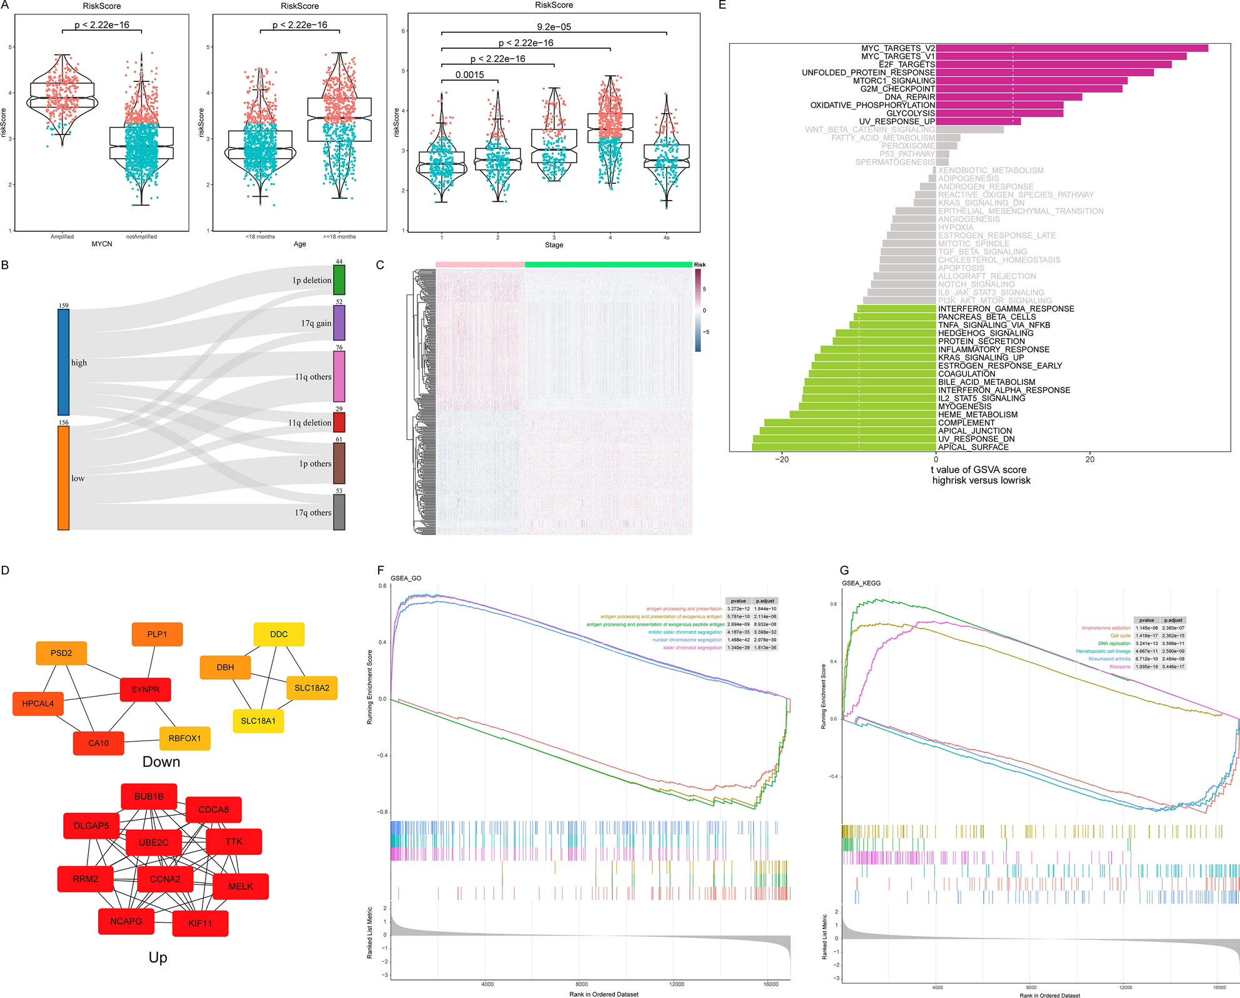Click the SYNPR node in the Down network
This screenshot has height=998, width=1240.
coord(145,689)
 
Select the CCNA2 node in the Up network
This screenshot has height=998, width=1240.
coord(165,879)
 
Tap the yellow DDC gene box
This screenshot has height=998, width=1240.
coord(279,634)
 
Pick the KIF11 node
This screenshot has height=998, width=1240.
coord(200,923)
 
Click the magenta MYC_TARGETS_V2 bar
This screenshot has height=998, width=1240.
coord(1071,48)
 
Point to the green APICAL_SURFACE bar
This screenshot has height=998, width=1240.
coord(844,447)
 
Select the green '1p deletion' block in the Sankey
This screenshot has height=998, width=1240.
coord(339,280)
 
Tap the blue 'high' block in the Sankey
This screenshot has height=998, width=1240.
coord(63,362)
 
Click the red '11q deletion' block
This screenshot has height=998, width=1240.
coord(339,422)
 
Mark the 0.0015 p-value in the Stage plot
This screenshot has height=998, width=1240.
coord(469,75)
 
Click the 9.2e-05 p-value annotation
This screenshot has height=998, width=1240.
coord(554,27)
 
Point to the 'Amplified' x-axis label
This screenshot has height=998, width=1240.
coord(62,237)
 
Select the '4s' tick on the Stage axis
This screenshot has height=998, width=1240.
coord(666,237)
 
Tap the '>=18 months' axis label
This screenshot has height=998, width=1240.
coord(339,237)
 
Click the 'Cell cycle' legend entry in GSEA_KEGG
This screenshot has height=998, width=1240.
coord(1120,636)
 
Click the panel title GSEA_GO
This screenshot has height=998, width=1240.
coord(406,578)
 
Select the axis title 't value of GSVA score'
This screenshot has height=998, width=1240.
coord(978,470)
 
